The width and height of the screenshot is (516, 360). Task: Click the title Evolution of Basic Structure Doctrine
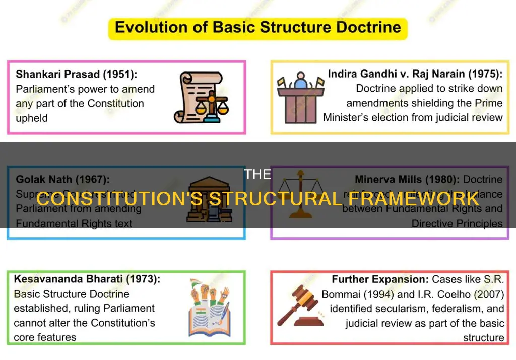pyautogui.click(x=257, y=27)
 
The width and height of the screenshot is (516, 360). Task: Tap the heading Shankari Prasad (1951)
pyautogui.click(x=77, y=75)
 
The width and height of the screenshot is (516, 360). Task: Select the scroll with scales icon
pyautogui.click(x=201, y=98)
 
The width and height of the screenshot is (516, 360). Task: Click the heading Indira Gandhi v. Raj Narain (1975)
pyautogui.click(x=415, y=74)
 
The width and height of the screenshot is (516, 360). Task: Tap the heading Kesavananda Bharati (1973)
pyautogui.click(x=87, y=279)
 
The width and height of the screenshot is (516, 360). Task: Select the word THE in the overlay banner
pyautogui.click(x=257, y=175)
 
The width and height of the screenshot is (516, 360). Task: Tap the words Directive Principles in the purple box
pyautogui.click(x=457, y=223)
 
